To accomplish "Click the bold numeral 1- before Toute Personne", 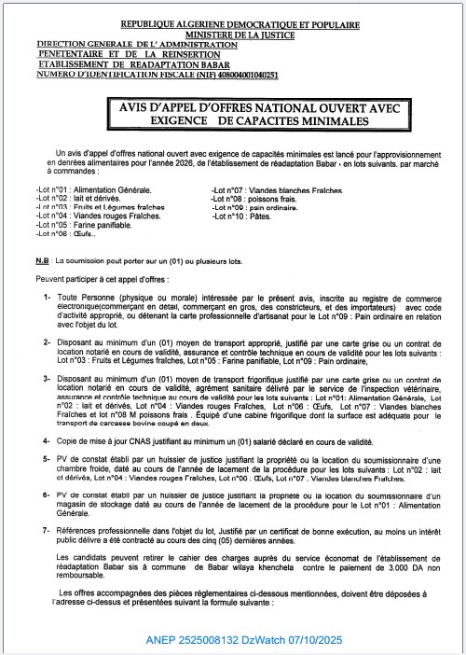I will (46, 296).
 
